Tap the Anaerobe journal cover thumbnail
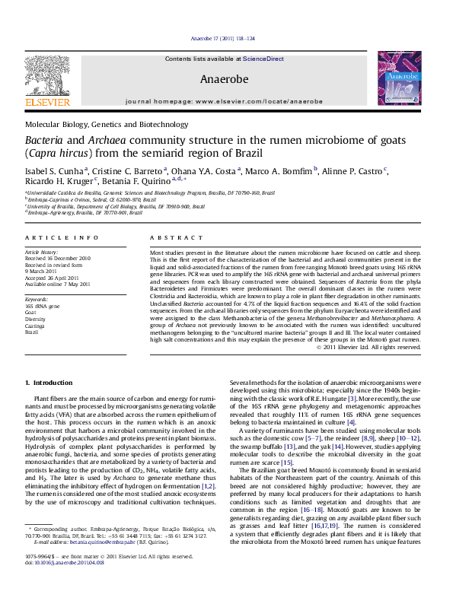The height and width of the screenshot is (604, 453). click(x=399, y=78)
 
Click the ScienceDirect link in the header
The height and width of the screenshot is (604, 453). click(x=263, y=59)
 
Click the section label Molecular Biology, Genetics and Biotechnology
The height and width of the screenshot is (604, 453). click(x=112, y=123)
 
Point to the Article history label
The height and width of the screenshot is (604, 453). click(x=43, y=251)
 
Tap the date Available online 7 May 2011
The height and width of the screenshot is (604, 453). click(x=58, y=284)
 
